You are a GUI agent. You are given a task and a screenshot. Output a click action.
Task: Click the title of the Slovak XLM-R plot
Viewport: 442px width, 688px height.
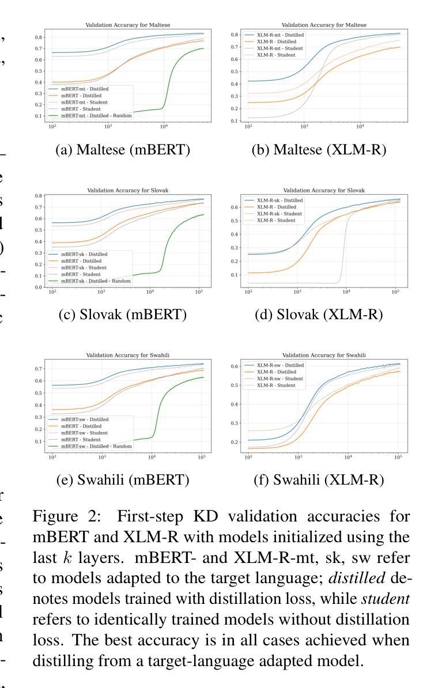[x=323, y=191]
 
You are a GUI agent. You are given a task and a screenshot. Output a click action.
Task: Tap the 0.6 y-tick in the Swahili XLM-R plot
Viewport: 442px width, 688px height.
[x=235, y=366]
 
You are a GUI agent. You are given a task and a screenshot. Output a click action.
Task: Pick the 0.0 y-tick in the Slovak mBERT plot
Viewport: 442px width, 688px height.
[x=37, y=287]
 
